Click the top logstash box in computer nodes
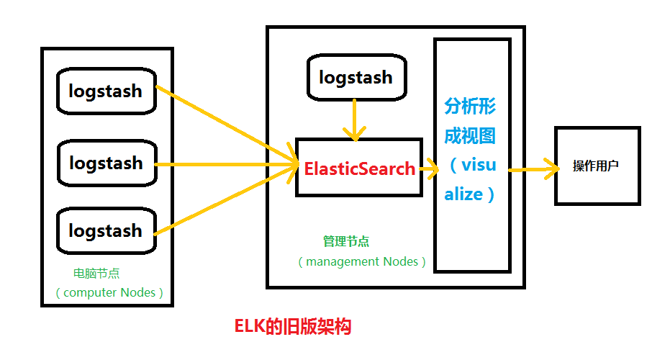click(106, 91)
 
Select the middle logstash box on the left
click(106, 163)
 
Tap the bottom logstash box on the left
click(106, 230)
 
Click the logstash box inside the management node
click(356, 77)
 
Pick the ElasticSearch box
click(358, 168)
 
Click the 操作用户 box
click(596, 166)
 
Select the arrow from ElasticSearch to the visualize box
click(430, 170)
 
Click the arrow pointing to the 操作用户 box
click(535, 170)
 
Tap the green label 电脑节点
click(96, 274)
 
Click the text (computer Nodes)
click(109, 292)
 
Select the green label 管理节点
click(346, 242)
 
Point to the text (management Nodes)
click(361, 261)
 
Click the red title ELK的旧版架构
click(293, 326)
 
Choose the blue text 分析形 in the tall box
click(470, 107)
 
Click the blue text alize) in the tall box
click(470, 194)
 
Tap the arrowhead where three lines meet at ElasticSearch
click(291, 166)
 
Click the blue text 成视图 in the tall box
click(470, 135)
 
